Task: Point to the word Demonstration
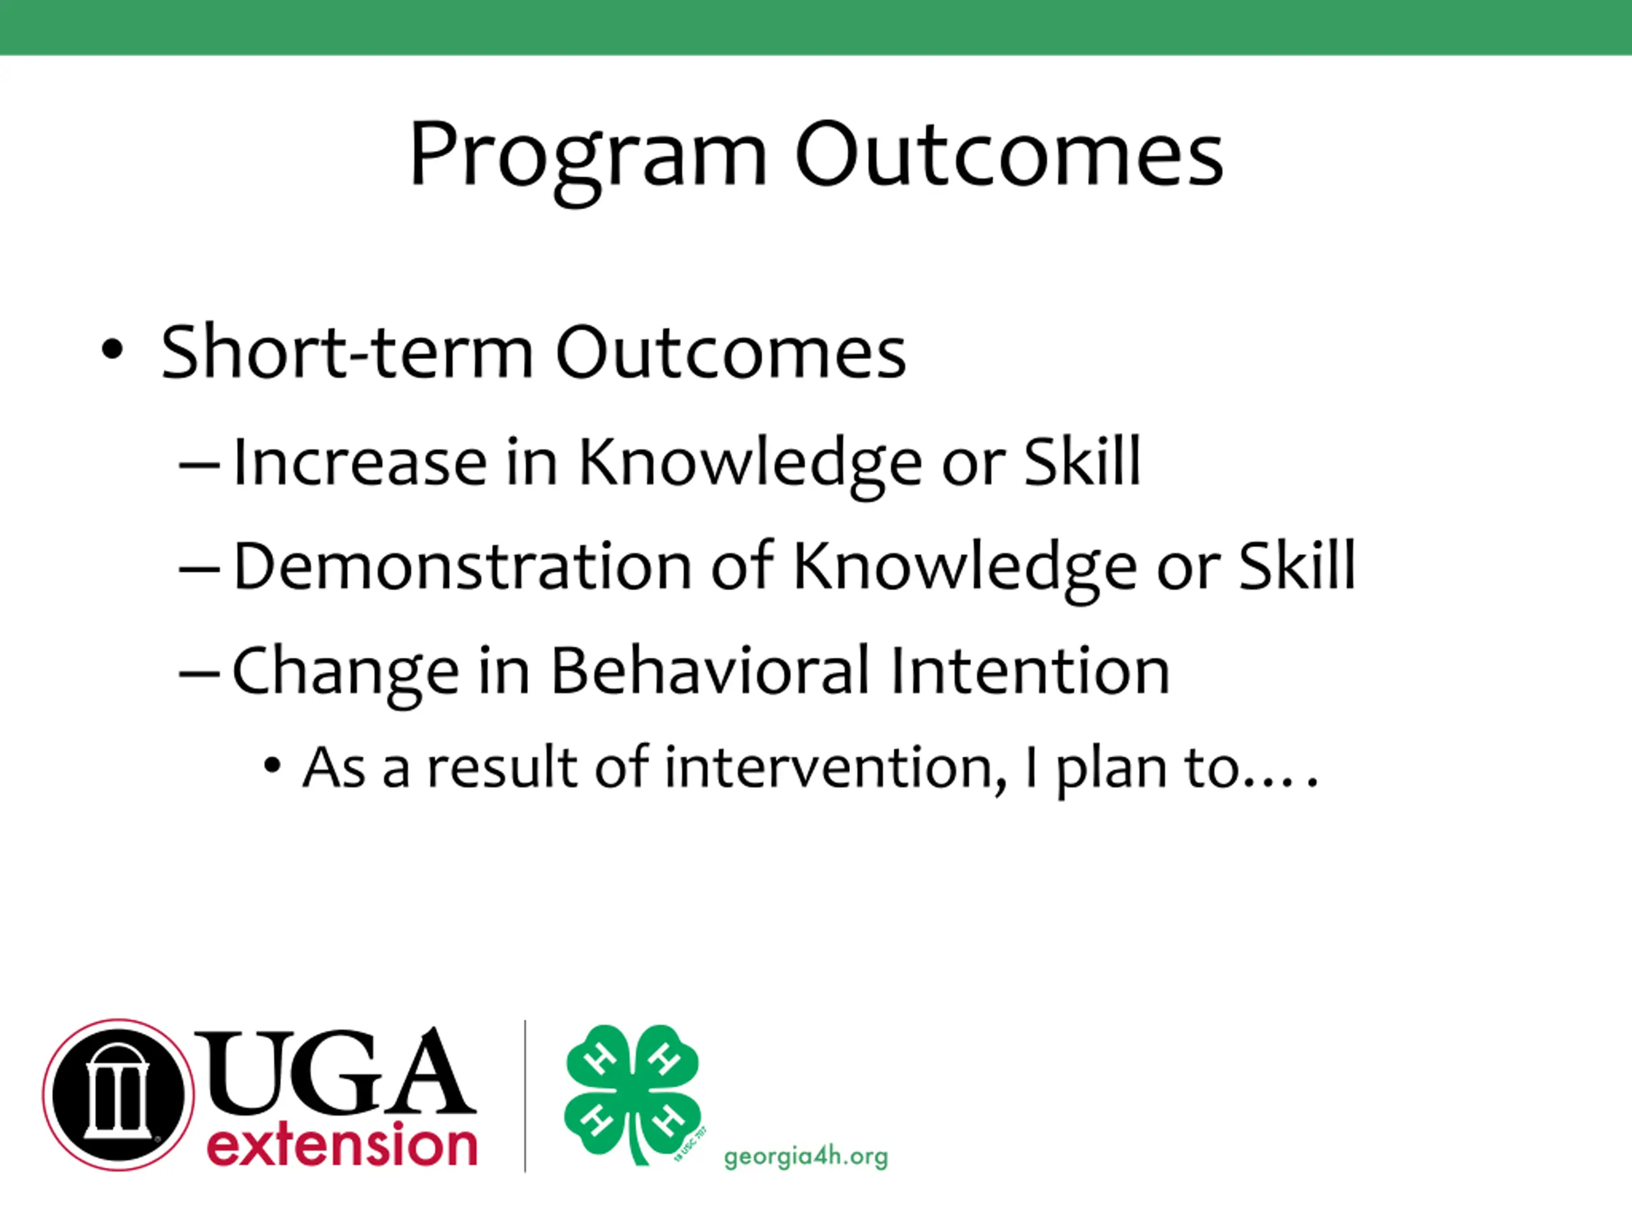pos(463,566)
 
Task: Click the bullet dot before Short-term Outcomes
pos(112,350)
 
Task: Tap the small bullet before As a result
pos(272,766)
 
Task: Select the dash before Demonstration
pos(199,569)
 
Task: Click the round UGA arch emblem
pos(118,1095)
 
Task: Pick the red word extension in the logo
pos(342,1144)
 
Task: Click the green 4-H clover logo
pos(633,1093)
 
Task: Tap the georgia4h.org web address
pos(806,1156)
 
